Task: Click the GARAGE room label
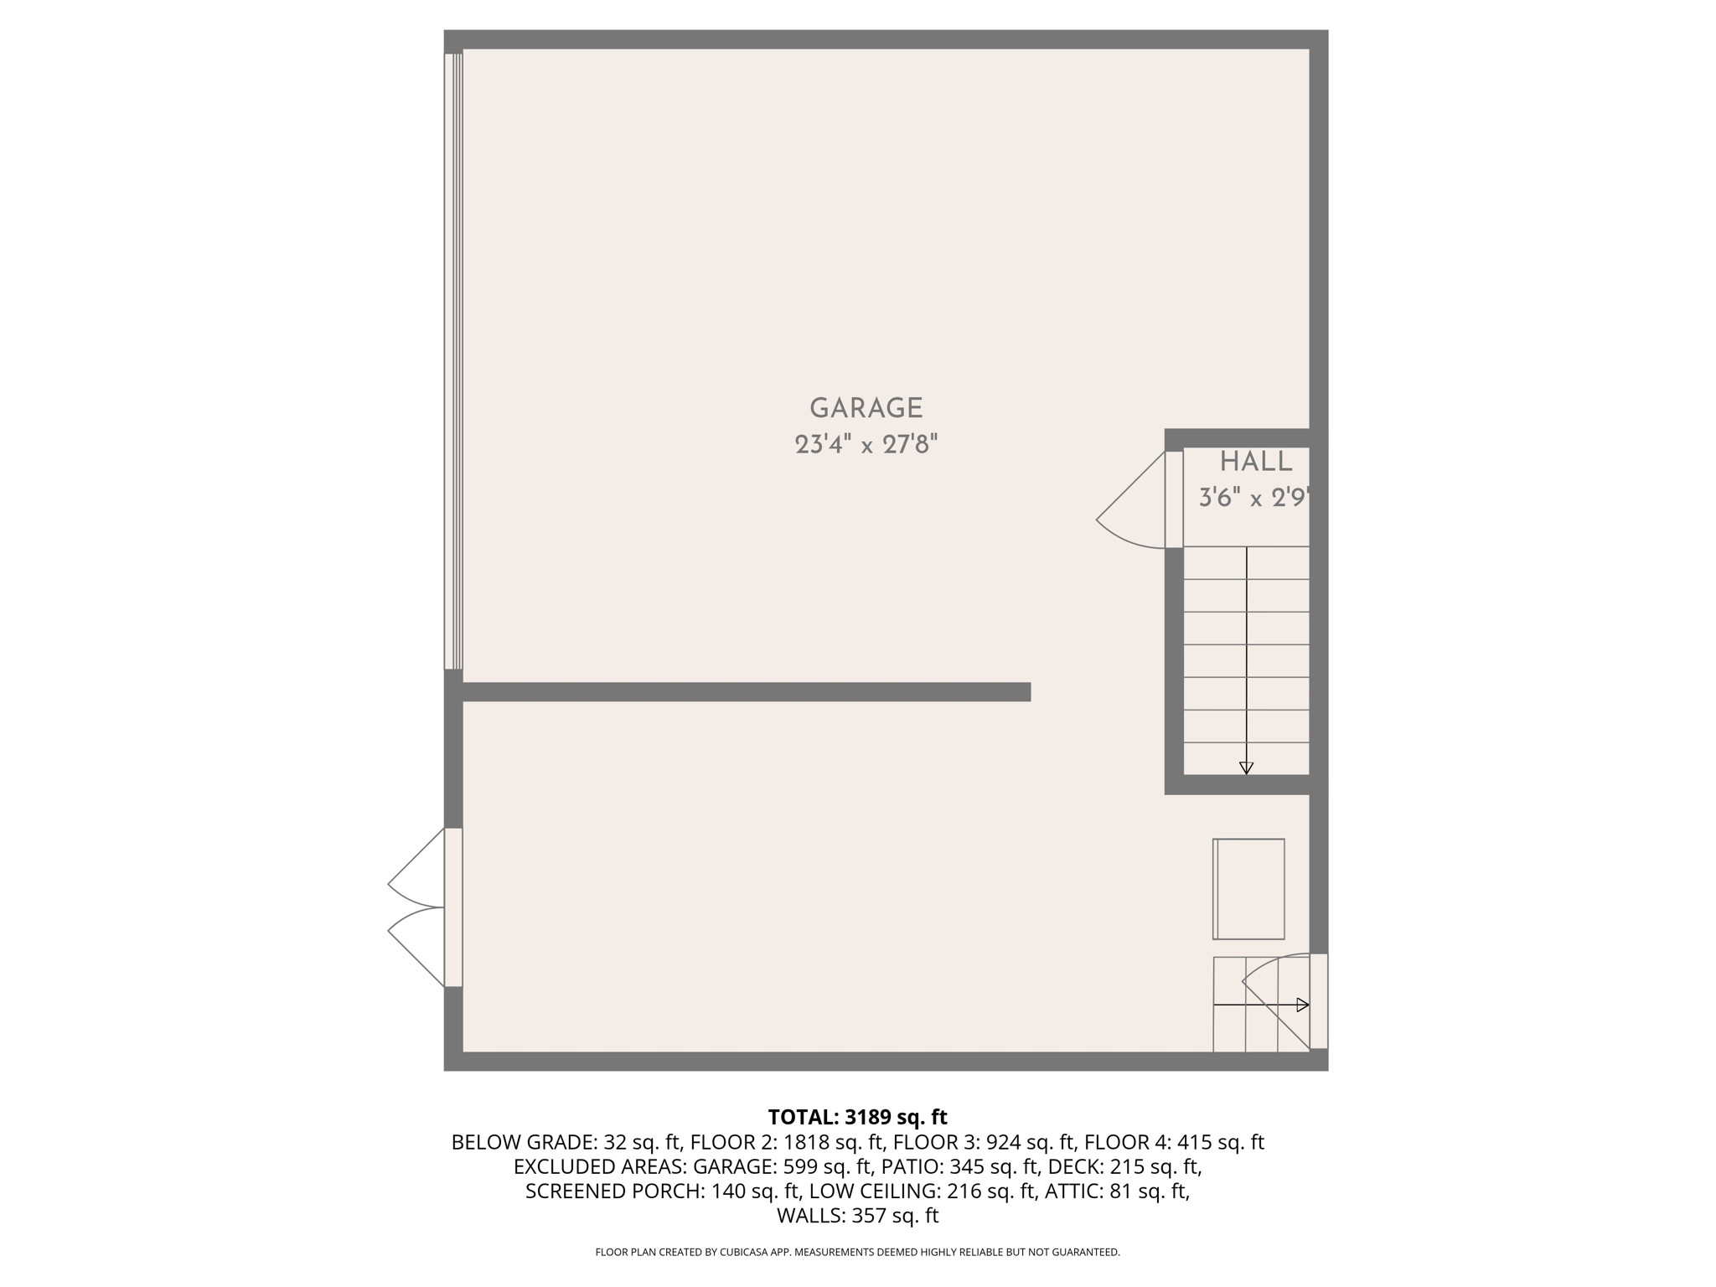(x=866, y=408)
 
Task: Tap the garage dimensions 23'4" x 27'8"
(x=866, y=444)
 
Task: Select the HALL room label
(x=1256, y=462)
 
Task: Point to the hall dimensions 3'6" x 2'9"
(x=1253, y=499)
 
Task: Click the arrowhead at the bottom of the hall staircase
(x=1246, y=768)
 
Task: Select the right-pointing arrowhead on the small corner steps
(x=1302, y=1005)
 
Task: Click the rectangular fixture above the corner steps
(x=1248, y=889)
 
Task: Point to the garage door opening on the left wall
(x=453, y=360)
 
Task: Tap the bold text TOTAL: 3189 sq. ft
(x=857, y=1117)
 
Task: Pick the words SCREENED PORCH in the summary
(x=614, y=1191)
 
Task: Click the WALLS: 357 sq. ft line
(x=857, y=1216)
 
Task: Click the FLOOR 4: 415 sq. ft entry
(x=1174, y=1142)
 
